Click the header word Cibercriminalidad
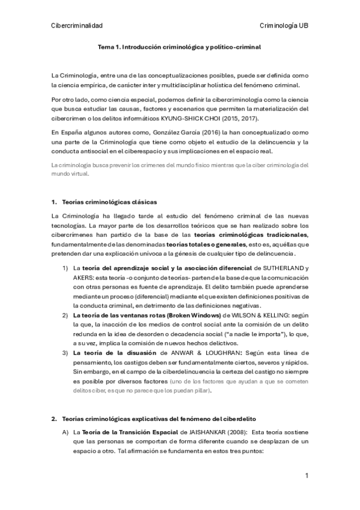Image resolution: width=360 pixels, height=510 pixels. (x=78, y=25)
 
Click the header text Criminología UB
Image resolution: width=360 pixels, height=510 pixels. (x=284, y=25)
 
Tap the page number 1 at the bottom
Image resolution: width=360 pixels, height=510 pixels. (x=307, y=476)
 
